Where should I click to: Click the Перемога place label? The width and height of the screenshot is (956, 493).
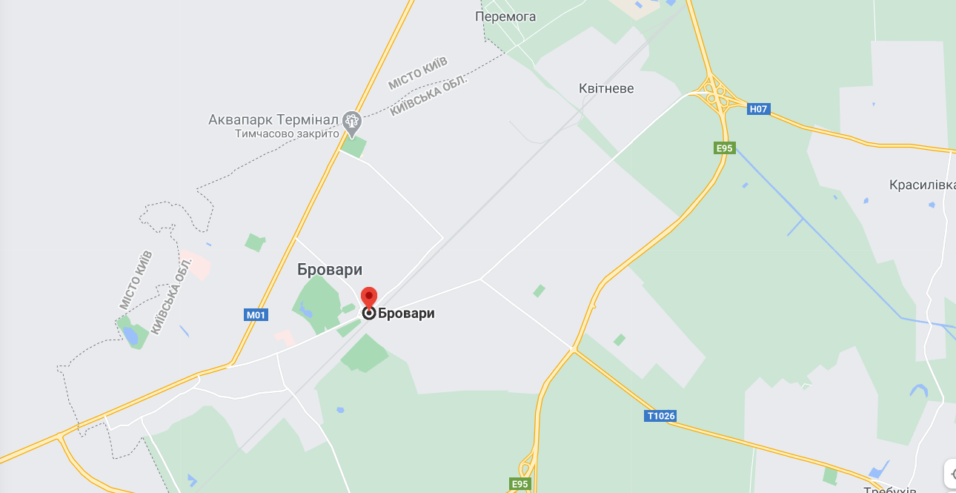pyautogui.click(x=505, y=16)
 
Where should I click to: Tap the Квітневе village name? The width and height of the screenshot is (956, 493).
pyautogui.click(x=606, y=88)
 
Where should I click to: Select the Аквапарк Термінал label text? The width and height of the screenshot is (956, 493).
pyautogui.click(x=273, y=119)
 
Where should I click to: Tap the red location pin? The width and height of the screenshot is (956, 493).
pyautogui.click(x=369, y=298)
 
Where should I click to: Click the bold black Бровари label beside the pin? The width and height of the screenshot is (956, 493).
pyautogui.click(x=406, y=314)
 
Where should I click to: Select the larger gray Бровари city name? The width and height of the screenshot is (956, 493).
pyautogui.click(x=330, y=270)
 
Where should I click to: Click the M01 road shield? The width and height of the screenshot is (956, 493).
pyautogui.click(x=256, y=315)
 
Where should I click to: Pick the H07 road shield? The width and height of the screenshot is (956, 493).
pyautogui.click(x=758, y=109)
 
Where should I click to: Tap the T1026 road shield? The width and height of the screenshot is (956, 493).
pyautogui.click(x=661, y=416)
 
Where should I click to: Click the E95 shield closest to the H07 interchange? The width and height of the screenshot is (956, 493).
pyautogui.click(x=724, y=148)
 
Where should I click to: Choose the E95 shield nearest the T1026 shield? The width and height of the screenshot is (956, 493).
pyautogui.click(x=520, y=484)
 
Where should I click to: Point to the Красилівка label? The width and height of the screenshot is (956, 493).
pyautogui.click(x=922, y=185)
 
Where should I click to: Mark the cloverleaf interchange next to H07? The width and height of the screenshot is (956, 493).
pyautogui.click(x=716, y=94)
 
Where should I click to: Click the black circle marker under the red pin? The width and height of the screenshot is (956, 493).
pyautogui.click(x=368, y=314)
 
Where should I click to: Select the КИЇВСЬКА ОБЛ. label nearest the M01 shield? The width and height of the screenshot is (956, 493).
pyautogui.click(x=171, y=294)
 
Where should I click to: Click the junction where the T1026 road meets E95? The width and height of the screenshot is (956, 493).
pyautogui.click(x=573, y=349)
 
